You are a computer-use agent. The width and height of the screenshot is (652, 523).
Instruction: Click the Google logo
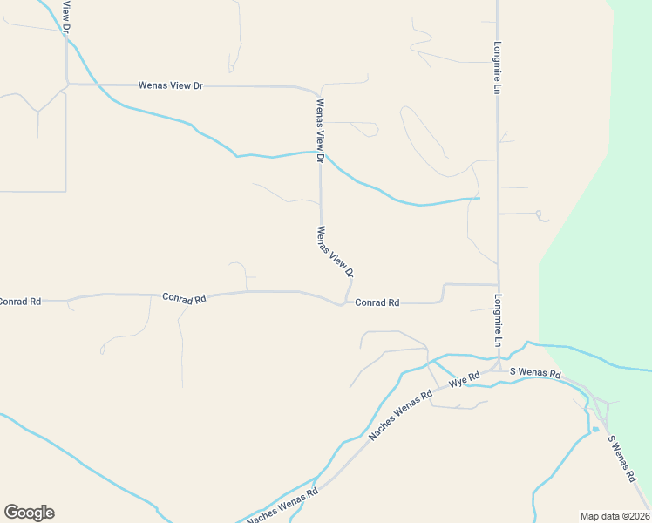(x=29, y=513)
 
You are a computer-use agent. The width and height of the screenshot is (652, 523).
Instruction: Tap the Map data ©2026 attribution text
(x=614, y=515)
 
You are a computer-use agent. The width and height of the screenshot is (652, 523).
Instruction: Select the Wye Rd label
(x=465, y=380)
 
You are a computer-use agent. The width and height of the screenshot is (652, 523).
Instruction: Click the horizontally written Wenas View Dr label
(x=171, y=85)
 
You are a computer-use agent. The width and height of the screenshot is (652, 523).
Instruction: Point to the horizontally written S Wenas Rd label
(x=535, y=373)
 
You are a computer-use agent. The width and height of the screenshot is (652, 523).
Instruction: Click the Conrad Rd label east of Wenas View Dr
(x=377, y=302)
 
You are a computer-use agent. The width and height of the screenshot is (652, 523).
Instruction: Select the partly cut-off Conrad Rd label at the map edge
(x=19, y=302)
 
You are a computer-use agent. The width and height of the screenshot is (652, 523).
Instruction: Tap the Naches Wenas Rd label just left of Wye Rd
(x=400, y=415)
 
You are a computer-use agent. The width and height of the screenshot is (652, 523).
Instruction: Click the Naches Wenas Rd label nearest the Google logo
(x=282, y=506)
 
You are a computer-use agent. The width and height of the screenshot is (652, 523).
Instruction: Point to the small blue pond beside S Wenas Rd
(x=595, y=429)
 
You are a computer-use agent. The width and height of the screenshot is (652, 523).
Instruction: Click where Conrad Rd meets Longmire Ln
(x=498, y=285)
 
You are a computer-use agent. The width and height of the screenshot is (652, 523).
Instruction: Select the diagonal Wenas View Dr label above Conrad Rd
(x=335, y=252)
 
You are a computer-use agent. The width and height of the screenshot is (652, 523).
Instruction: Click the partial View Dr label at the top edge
(x=66, y=16)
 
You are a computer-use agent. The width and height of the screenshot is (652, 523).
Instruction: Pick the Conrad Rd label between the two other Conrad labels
(x=184, y=298)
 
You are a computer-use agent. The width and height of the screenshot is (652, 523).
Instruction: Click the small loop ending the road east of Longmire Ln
(x=539, y=214)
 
